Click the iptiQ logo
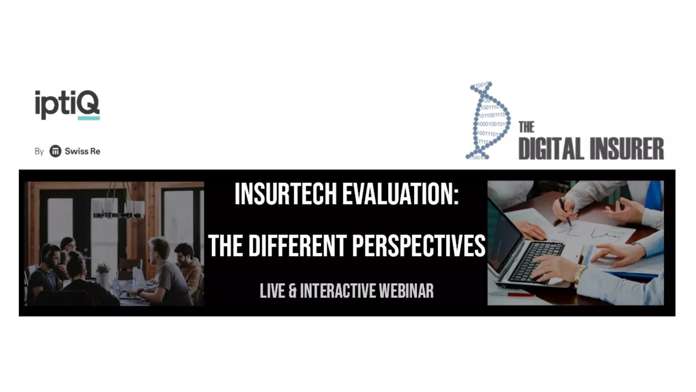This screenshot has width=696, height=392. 67,103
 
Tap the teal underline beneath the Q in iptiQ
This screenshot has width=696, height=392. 89,118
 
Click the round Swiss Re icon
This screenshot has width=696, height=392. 55,151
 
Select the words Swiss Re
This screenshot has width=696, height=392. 82,151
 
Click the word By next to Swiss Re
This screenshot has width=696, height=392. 39,151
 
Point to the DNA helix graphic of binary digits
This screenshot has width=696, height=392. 489,121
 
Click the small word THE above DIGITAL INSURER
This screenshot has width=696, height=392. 526,127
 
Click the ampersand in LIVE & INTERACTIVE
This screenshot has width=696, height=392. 292,291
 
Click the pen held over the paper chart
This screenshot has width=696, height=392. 565,213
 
